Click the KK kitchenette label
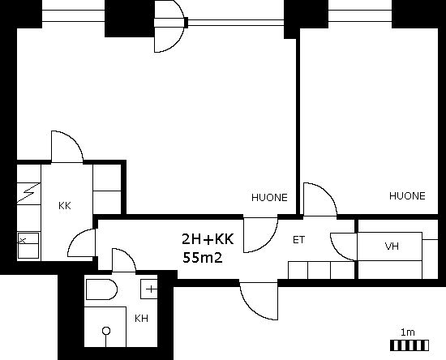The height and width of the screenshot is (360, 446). (65, 206)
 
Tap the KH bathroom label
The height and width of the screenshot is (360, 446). (141, 318)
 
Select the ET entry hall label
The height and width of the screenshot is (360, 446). (298, 240)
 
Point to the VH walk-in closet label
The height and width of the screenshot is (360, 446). (392, 246)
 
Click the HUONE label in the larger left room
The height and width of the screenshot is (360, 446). (269, 197)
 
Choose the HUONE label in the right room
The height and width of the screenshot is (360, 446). (407, 195)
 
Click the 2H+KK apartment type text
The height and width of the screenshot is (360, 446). (208, 239)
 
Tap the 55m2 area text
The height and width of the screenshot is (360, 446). (202, 258)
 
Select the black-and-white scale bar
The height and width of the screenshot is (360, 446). (410, 345)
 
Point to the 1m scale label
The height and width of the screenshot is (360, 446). (408, 332)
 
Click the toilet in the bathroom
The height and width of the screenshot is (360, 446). (101, 289)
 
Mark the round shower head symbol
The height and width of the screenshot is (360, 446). (106, 331)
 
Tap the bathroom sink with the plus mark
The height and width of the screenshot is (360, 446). (149, 289)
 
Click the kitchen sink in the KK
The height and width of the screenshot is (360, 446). (28, 246)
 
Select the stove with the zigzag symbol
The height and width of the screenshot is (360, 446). (28, 193)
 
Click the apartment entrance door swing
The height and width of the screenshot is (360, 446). (259, 301)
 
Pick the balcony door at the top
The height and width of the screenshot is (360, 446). (169, 26)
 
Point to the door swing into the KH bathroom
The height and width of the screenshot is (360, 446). (124, 260)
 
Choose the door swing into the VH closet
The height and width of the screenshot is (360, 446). (344, 246)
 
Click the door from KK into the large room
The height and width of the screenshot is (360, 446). (67, 147)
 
